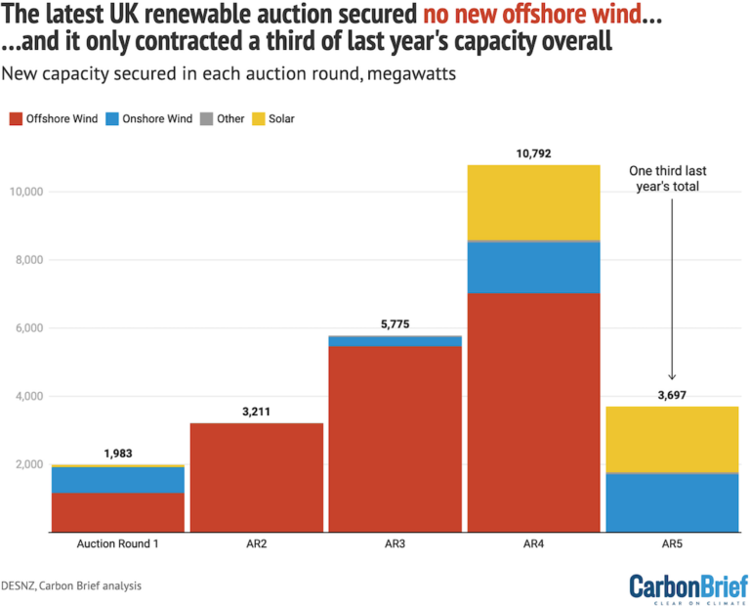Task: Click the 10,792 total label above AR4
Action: coord(532,152)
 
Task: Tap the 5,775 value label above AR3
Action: coord(396,324)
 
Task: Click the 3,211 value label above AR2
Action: coord(258,411)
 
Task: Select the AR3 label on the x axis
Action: coord(396,543)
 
